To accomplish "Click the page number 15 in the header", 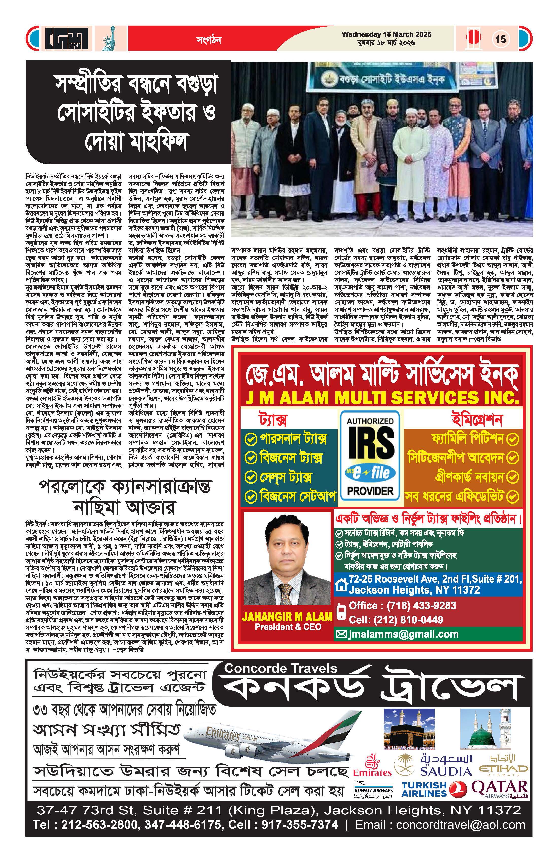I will [x=500, y=39].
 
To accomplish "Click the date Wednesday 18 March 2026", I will [x=386, y=34].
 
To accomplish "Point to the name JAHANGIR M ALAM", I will [x=287, y=617].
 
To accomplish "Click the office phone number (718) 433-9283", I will [x=402, y=606].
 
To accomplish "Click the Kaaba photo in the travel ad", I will [x=409, y=729].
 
